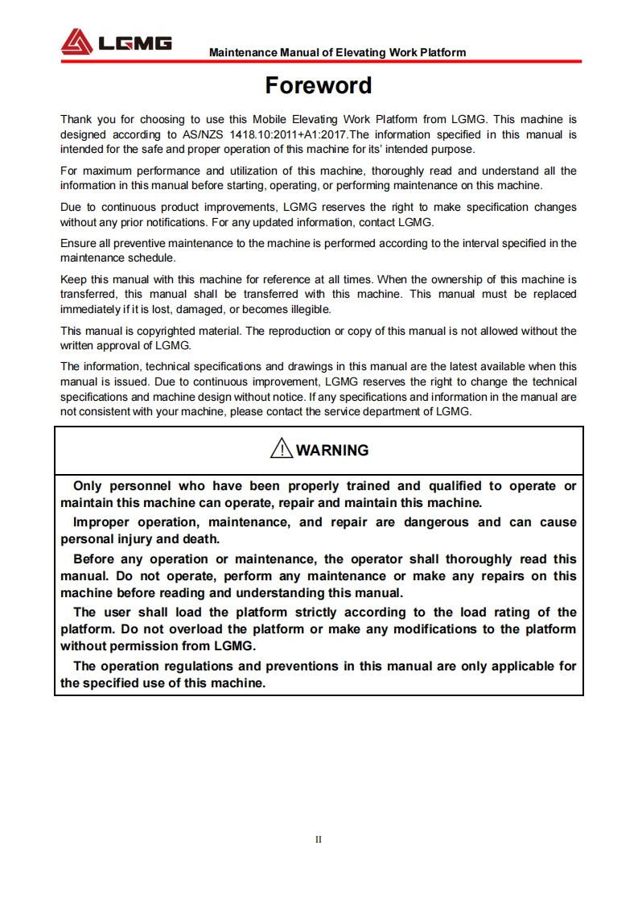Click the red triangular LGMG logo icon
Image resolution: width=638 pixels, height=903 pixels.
[x=77, y=42]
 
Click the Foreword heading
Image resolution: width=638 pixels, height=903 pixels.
[x=319, y=85]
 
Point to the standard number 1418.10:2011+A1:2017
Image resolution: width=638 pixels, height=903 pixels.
[x=288, y=134]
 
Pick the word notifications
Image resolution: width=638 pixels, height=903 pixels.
[x=158, y=221]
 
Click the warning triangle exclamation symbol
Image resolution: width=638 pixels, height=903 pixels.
[x=282, y=449]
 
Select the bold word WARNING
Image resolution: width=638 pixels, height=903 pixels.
[x=332, y=451]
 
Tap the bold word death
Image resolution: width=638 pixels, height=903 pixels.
[x=201, y=539]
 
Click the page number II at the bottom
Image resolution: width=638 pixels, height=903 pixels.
[x=319, y=839]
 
